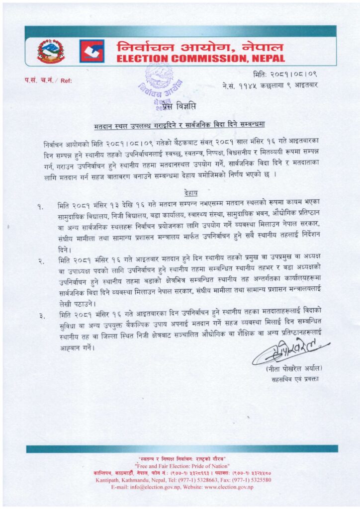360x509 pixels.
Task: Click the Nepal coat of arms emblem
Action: [50, 51]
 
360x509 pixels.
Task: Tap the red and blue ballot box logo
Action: [91, 51]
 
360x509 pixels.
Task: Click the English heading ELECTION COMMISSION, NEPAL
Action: [200, 59]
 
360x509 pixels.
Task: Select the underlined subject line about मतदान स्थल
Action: [180, 124]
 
